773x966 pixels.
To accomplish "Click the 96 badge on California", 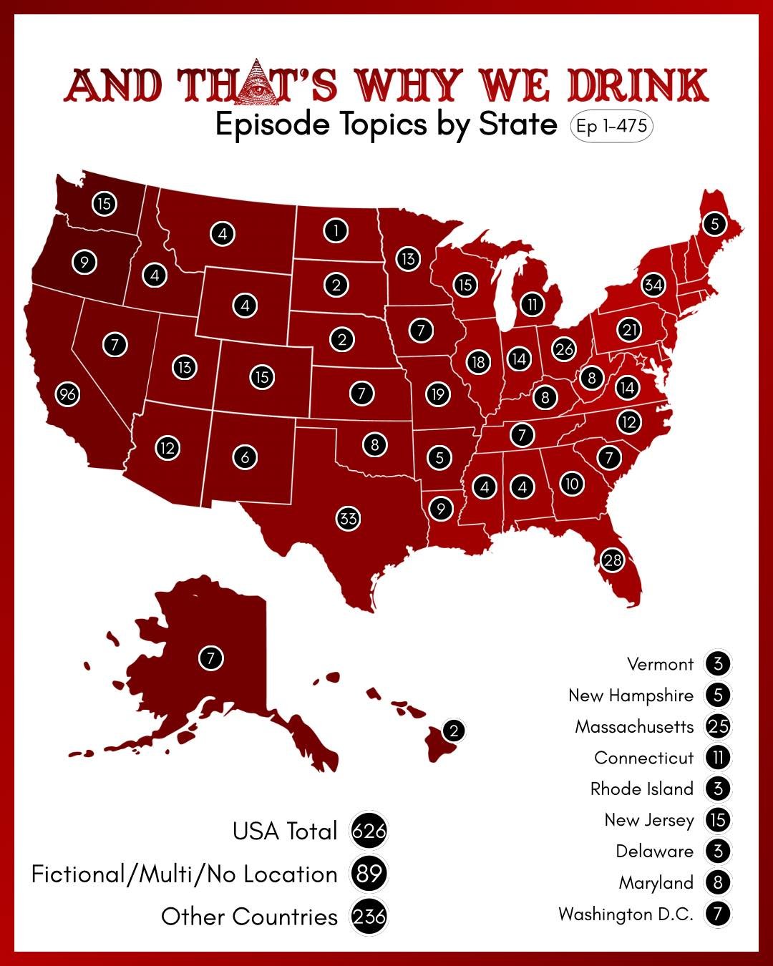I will pos(68,394).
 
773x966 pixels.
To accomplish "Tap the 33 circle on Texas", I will pos(349,518).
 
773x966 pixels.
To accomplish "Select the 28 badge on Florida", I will pos(613,560).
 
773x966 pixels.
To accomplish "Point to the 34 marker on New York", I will pos(653,285).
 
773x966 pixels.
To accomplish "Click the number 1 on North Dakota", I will pos(335,230).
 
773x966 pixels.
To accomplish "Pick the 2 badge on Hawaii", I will pos(453,731).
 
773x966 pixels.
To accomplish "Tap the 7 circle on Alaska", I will pos(210,658).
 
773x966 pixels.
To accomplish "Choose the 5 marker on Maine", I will pos(714,224).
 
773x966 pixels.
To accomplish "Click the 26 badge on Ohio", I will pos(564,349).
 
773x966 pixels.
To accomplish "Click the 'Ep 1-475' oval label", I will pos(612,127).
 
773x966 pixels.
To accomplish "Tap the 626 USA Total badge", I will pos(369,831).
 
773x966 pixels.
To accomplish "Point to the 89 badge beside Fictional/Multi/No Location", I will pos(369,874).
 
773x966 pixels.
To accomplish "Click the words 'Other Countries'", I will pos(249,917).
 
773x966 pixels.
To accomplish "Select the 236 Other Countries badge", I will pos(369,917).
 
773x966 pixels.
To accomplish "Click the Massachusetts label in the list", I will pos(635,727).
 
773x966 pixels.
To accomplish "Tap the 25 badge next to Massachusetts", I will pos(718,726).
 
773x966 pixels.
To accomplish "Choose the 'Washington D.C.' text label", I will pos(626,914).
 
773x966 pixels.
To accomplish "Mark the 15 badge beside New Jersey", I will pos(718,820).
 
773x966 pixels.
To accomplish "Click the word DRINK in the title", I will pos(638,85).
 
